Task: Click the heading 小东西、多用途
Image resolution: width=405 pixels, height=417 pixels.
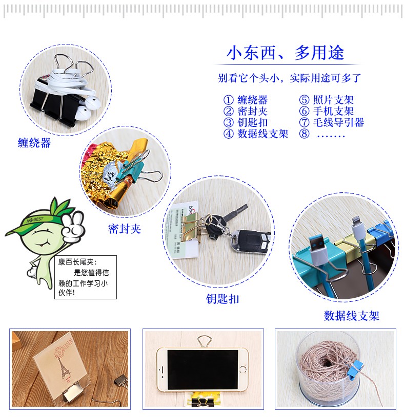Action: pyautogui.click(x=286, y=53)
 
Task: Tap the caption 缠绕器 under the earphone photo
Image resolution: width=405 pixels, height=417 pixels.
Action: pyautogui.click(x=34, y=143)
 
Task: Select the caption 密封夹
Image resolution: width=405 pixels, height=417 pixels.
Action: pyautogui.click(x=125, y=229)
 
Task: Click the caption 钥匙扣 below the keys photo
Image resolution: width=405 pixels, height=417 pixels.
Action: pyautogui.click(x=222, y=299)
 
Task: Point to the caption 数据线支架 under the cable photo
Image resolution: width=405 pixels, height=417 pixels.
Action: pyautogui.click(x=352, y=316)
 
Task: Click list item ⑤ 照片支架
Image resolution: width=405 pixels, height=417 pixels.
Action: pyautogui.click(x=327, y=100)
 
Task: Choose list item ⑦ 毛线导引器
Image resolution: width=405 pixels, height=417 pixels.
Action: pyautogui.click(x=332, y=122)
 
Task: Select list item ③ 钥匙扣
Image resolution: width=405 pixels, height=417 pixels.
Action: pyautogui.click(x=246, y=122)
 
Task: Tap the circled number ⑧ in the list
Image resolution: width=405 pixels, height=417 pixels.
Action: pyautogui.click(x=304, y=134)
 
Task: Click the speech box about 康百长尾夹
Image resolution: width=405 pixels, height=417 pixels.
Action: pyautogui.click(x=86, y=277)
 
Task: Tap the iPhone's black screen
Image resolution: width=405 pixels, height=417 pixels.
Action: pyautogui.click(x=202, y=369)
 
